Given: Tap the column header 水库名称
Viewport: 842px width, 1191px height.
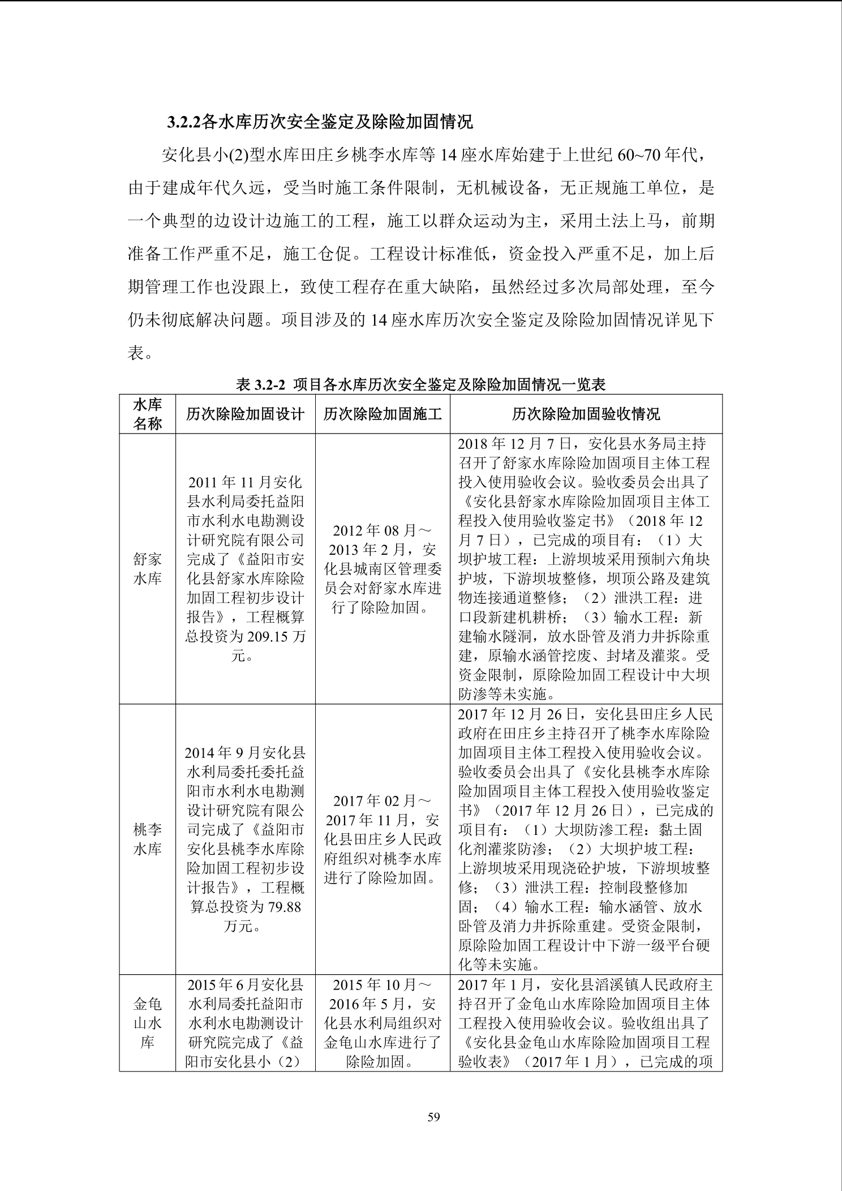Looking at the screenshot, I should coord(147,414).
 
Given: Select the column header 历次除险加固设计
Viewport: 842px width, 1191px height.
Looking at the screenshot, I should coord(245,414).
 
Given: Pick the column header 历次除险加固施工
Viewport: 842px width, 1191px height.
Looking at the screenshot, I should coord(383,414).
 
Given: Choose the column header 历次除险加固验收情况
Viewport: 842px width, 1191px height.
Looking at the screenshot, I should coord(586,414).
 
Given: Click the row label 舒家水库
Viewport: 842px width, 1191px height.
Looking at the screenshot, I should coord(147,569).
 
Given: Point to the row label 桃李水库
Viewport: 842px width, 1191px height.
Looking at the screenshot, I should coord(147,839).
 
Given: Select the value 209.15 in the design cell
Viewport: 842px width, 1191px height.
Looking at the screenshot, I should coord(274,637).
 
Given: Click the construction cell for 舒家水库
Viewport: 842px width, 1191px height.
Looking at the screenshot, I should coord(383,569).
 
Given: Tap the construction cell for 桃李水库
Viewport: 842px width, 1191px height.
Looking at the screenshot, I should coord(383,839).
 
